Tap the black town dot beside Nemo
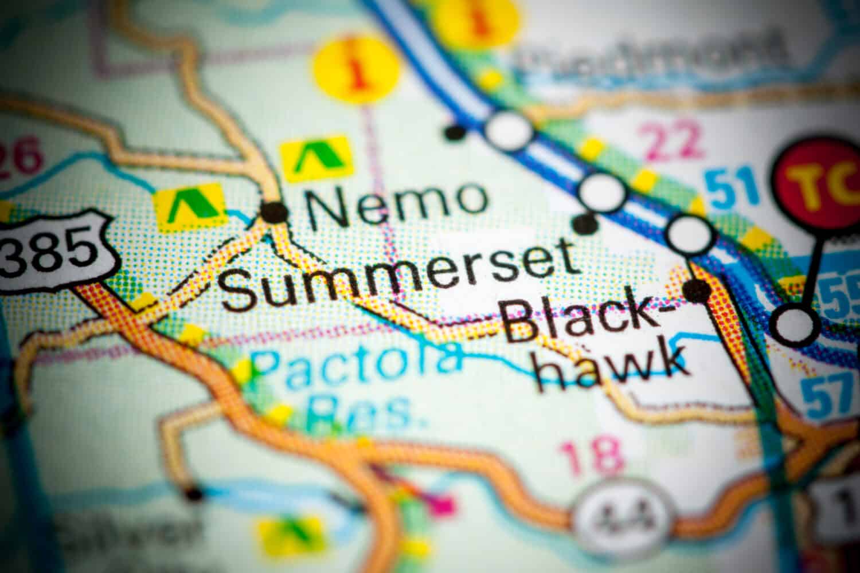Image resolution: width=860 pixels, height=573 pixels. click(x=276, y=211)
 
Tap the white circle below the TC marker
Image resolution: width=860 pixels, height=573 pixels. click(x=796, y=324)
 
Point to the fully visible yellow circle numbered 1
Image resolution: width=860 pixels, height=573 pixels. click(x=358, y=72)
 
